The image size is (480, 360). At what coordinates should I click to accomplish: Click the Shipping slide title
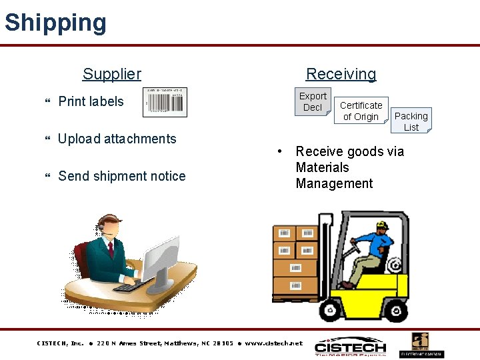click(x=55, y=23)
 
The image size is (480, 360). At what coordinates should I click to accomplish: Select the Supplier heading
click(x=111, y=74)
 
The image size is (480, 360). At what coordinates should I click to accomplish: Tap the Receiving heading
click(x=341, y=74)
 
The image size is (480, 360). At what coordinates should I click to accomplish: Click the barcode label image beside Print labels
click(x=166, y=102)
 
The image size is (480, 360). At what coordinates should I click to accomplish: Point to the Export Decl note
click(x=313, y=101)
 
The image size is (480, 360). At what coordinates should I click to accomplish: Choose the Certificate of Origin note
click(x=361, y=111)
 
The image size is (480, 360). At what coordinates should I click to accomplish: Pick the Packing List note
click(x=411, y=121)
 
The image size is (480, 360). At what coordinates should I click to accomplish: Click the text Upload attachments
click(x=117, y=139)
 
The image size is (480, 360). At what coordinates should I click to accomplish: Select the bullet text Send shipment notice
click(x=122, y=176)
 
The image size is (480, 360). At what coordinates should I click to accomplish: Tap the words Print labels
click(x=91, y=101)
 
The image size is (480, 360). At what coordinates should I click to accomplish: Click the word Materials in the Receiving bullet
click(x=322, y=167)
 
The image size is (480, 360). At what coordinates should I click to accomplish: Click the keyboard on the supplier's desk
click(x=133, y=285)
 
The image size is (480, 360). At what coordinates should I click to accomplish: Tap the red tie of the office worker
click(x=111, y=251)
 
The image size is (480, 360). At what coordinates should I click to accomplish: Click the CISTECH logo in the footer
click(x=350, y=347)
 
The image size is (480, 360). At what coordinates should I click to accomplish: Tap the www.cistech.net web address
click(x=273, y=343)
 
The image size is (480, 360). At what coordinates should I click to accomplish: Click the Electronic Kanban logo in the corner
click(x=421, y=345)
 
